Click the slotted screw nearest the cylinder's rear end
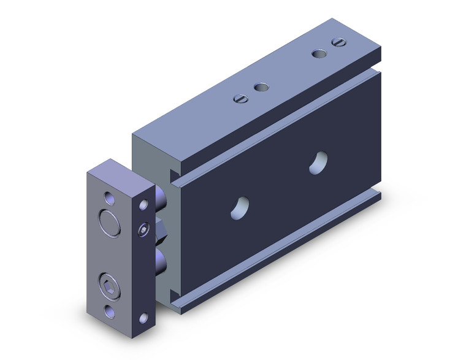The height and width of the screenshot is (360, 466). tap(337, 42)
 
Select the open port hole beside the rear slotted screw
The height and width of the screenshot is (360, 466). tap(318, 53)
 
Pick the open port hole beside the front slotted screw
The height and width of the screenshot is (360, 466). tap(261, 88)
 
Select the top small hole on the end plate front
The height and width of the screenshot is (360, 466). tap(109, 197)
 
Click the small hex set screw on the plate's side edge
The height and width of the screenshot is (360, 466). tap(143, 230)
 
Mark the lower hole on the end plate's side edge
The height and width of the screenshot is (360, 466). tap(144, 317)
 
